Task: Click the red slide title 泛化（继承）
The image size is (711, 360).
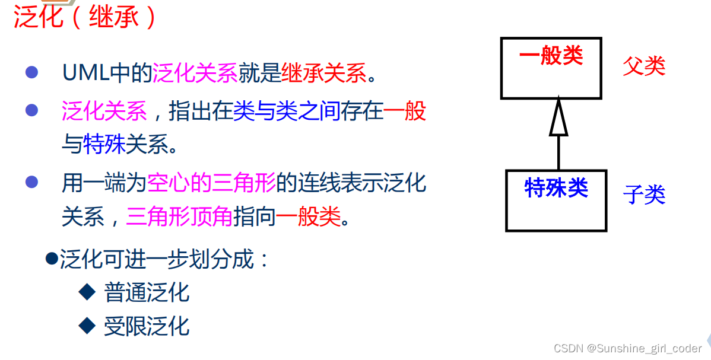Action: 85,17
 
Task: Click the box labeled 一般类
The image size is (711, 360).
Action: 551,68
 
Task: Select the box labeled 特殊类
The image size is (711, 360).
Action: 556,200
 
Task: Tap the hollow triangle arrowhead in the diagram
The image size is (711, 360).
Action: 558,119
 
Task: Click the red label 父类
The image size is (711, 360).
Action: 644,66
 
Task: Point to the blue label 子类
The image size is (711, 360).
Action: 644,194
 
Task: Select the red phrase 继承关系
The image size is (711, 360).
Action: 324,74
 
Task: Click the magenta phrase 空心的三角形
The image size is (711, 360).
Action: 212,183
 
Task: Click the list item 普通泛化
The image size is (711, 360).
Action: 147,292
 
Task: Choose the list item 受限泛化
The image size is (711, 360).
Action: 147,326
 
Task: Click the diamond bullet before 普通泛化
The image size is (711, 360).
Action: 87,291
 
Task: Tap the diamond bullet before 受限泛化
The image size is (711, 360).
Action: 87,325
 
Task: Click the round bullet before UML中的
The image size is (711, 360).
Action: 31,73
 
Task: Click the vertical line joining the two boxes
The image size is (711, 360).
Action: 558,153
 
